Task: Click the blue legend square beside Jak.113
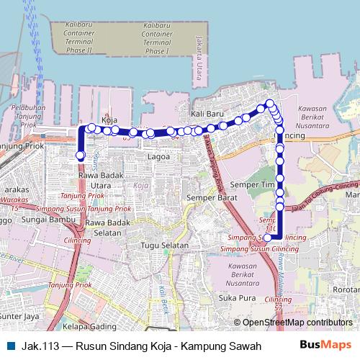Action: tap(8, 346)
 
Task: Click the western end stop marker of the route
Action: tap(80, 156)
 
